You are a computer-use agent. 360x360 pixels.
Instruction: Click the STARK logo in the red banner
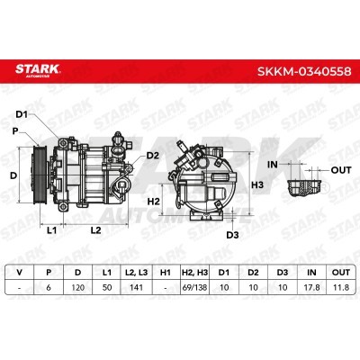point(38,70)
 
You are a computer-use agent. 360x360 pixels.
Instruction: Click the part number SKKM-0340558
point(304,71)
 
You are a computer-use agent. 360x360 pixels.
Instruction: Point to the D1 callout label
point(22,114)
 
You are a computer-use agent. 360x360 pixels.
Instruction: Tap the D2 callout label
point(152,156)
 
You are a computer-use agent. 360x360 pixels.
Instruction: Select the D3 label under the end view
point(232,235)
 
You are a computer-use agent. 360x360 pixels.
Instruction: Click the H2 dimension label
point(154,202)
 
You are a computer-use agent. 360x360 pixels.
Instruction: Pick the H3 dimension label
point(257,184)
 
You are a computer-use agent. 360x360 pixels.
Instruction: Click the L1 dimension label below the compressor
point(51,230)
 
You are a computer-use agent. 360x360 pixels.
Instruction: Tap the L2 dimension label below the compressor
point(95,230)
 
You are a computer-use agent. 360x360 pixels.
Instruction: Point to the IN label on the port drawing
point(273,165)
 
